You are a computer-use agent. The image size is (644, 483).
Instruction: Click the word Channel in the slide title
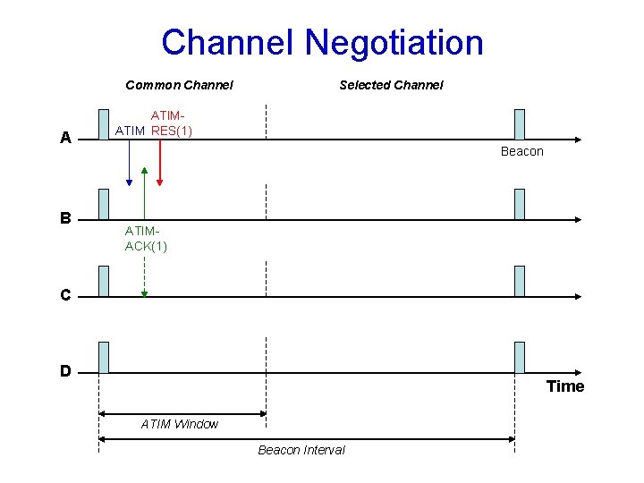point(228,42)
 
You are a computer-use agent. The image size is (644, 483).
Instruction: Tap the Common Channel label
point(179,85)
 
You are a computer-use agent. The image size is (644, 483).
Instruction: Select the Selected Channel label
point(391,85)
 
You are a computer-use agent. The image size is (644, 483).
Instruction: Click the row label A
point(65,139)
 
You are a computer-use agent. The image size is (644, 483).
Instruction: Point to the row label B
point(65,217)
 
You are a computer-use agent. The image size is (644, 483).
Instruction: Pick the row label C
point(65,294)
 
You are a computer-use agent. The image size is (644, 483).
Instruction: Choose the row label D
point(65,370)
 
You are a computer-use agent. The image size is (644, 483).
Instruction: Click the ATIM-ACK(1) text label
point(146,239)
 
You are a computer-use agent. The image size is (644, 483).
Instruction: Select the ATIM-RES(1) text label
point(170,123)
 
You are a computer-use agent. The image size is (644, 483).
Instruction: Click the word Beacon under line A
point(521,151)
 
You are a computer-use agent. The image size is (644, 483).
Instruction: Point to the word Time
point(565,386)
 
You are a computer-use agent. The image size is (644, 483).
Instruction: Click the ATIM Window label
point(179,424)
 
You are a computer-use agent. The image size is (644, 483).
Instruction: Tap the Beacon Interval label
point(301,450)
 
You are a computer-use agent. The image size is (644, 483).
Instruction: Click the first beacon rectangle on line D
point(104,357)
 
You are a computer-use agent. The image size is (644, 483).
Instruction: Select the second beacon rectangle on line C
point(520,281)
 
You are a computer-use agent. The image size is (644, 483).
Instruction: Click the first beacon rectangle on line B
point(104,204)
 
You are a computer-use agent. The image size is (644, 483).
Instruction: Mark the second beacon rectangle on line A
point(520,124)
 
